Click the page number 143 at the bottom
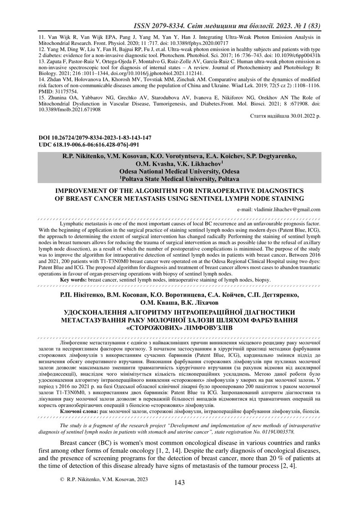[x=180, y=482]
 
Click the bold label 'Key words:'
[x=74, y=280]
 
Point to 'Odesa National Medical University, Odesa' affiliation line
[x=179, y=171]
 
